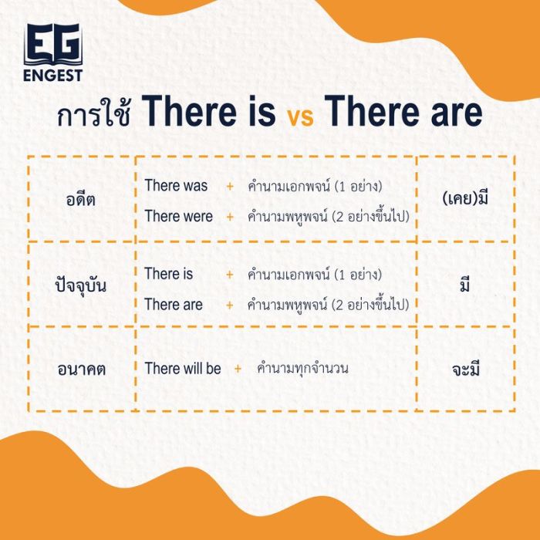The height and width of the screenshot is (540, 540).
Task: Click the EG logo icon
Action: tap(52, 45)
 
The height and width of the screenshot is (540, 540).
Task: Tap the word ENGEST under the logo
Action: tap(52, 76)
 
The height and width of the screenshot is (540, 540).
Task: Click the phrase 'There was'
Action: tap(176, 186)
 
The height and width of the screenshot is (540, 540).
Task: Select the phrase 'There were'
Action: tap(178, 217)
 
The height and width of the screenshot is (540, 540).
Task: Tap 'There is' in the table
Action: tap(169, 274)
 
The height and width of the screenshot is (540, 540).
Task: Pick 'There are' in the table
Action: tap(174, 305)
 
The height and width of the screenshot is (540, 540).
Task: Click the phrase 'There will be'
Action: tap(183, 369)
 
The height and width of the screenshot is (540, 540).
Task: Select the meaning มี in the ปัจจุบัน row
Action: tap(465, 285)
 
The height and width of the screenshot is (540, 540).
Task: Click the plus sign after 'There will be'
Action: tap(238, 369)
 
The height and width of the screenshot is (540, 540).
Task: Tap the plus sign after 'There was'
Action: tap(229, 187)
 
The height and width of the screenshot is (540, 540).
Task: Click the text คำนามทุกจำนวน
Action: tap(302, 369)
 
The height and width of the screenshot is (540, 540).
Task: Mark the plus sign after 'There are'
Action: tap(229, 305)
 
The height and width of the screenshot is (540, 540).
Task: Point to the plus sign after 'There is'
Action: tap(229, 275)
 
